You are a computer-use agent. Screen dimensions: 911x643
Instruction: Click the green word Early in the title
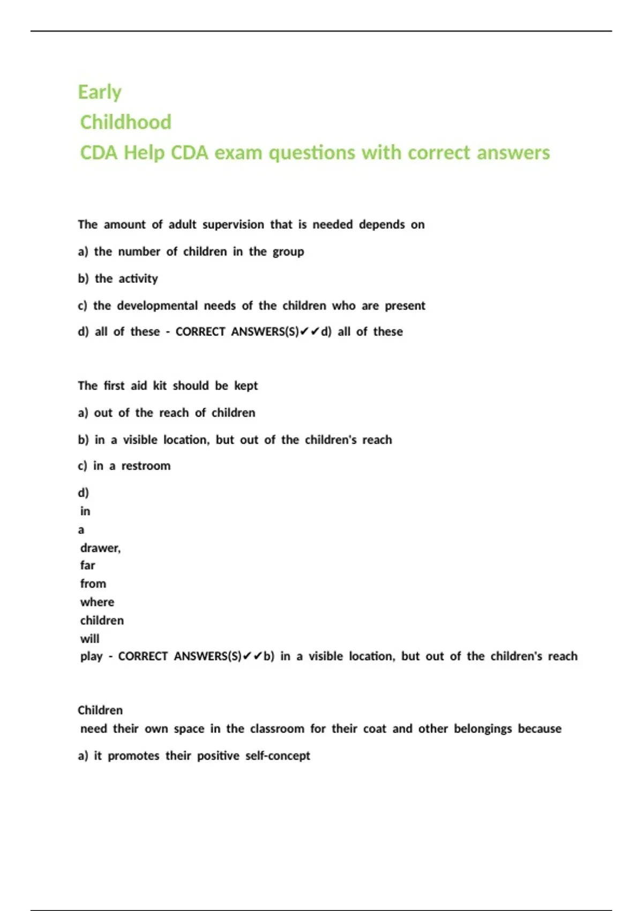click(x=100, y=92)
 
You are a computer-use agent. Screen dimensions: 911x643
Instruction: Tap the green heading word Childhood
click(x=126, y=122)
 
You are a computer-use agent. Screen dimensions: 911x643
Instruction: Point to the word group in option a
click(x=288, y=252)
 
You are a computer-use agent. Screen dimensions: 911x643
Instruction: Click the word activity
click(x=138, y=279)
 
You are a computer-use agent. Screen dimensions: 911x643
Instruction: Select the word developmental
click(x=158, y=305)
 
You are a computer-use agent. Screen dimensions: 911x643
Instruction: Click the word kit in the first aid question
click(x=160, y=386)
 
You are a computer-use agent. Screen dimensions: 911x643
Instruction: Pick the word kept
click(x=246, y=386)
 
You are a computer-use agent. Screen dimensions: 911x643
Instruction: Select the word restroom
click(x=146, y=466)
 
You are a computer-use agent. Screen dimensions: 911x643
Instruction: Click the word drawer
click(x=100, y=548)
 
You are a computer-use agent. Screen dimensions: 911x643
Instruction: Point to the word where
click(x=97, y=602)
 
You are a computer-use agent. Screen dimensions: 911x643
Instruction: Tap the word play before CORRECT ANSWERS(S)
click(x=91, y=656)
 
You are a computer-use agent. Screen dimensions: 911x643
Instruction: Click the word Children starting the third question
click(x=100, y=710)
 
